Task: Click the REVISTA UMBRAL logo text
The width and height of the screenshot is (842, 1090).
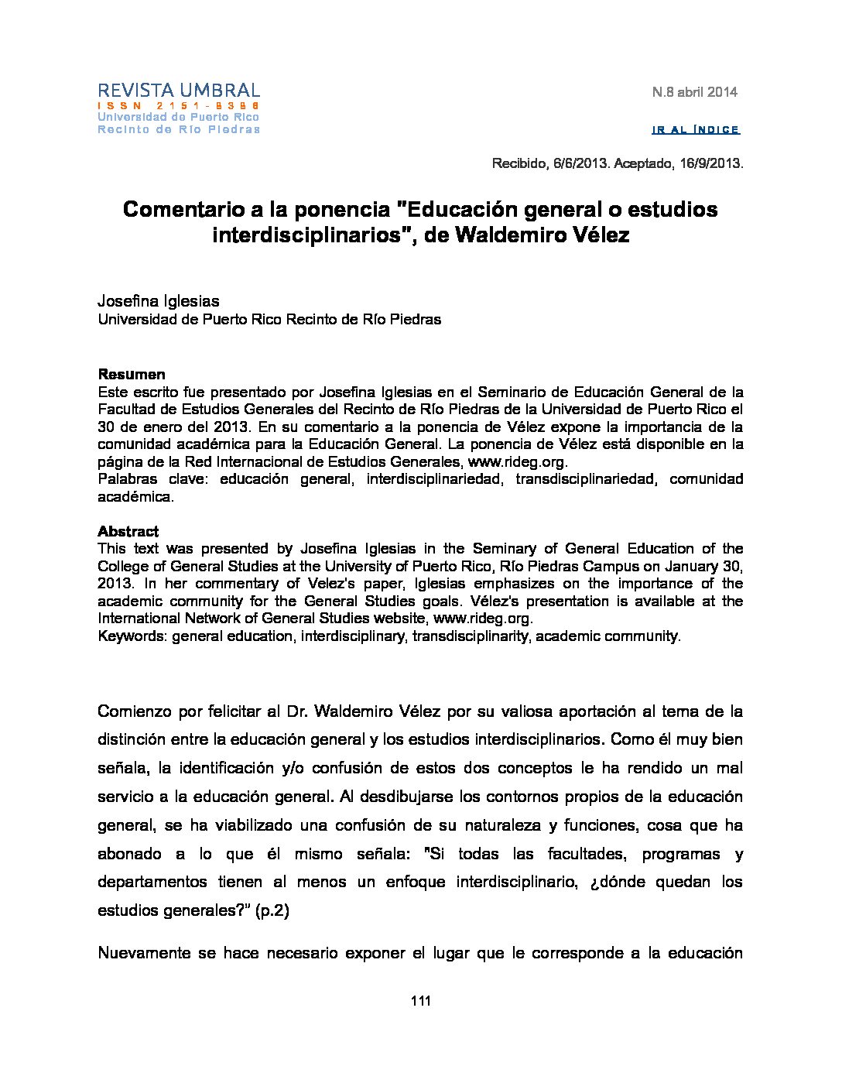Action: click(179, 91)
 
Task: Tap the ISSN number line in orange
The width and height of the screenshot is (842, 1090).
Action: click(179, 105)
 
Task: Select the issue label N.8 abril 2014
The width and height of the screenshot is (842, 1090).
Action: click(694, 92)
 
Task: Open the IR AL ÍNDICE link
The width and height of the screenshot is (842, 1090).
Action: click(696, 130)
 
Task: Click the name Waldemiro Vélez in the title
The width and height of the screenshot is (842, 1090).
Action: click(542, 235)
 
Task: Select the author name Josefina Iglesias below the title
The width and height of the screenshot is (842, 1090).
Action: click(159, 300)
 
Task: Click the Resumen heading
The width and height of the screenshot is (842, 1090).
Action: click(132, 375)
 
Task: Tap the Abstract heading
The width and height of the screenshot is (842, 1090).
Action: click(128, 532)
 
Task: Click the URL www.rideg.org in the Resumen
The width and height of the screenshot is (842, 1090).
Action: click(517, 462)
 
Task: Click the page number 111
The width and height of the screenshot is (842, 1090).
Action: click(420, 1001)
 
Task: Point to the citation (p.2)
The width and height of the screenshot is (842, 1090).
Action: click(272, 910)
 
